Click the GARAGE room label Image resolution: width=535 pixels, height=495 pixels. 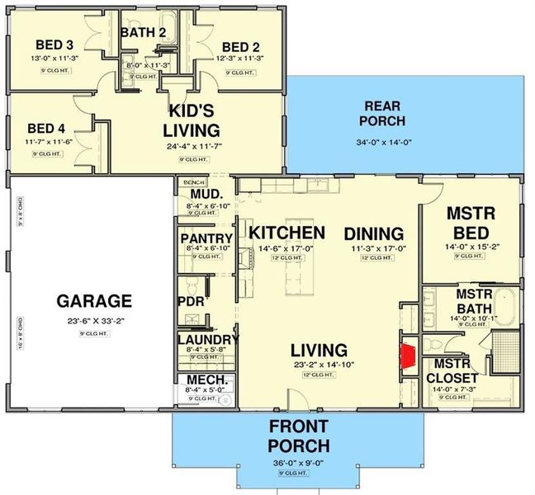pyautogui.click(x=93, y=300)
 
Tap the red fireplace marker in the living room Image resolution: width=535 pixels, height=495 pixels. pyautogui.click(x=407, y=356)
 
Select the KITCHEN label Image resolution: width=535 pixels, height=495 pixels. pyautogui.click(x=287, y=233)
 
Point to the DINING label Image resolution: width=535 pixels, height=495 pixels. pyautogui.click(x=373, y=233)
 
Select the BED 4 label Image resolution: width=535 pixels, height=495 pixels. pyautogui.click(x=45, y=128)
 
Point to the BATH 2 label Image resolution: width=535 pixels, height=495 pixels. pyautogui.click(x=144, y=32)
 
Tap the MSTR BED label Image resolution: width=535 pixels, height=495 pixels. pyautogui.click(x=470, y=222)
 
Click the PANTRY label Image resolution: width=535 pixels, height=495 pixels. pyautogui.click(x=205, y=239)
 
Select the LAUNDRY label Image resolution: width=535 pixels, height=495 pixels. pyautogui.click(x=207, y=339)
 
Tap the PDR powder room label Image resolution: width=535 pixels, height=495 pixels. pyautogui.click(x=191, y=301)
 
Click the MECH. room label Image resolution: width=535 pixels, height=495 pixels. pyautogui.click(x=197, y=380)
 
